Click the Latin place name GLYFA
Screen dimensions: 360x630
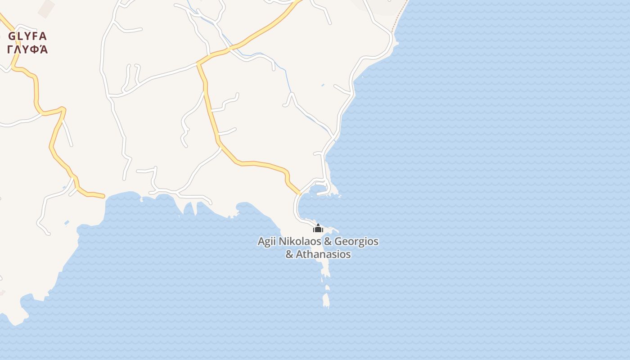point(27,36)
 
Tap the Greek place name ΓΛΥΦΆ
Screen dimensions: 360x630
point(27,49)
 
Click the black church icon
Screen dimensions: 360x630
point(318,229)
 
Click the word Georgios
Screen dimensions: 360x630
point(356,242)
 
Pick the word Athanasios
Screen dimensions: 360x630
point(324,254)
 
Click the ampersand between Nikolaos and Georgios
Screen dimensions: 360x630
point(328,242)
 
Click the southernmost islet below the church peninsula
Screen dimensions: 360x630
point(326,300)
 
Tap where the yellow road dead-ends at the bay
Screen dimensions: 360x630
point(103,196)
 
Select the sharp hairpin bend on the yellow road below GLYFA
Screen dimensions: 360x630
point(63,109)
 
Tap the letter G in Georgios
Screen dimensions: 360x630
point(339,242)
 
